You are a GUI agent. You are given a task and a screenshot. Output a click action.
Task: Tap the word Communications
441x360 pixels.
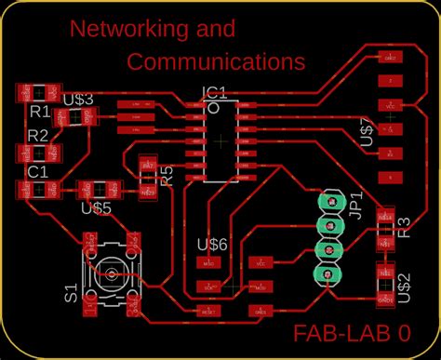click(216, 62)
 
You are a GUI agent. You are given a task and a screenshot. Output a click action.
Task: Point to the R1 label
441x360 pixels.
click(39, 112)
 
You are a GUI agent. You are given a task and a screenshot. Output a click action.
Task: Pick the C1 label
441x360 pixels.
click(38, 172)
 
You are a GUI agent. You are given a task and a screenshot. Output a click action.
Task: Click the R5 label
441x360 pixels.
click(167, 177)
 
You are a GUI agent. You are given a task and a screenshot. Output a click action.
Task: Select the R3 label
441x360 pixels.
click(403, 228)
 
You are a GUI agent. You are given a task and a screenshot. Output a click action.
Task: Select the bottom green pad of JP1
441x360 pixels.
click(327, 273)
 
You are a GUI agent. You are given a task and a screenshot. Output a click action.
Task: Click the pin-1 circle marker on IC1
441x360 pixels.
click(213, 108)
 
